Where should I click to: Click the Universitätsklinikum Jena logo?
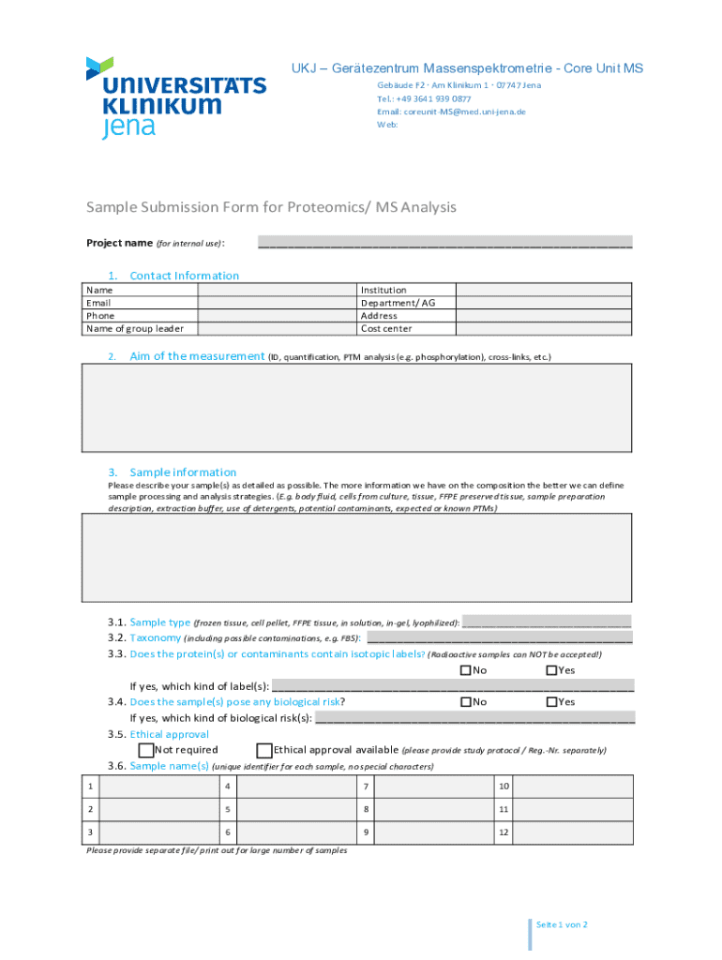point(175,97)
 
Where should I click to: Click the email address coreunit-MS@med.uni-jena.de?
point(451,112)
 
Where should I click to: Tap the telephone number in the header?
point(424,98)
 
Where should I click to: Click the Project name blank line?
point(444,243)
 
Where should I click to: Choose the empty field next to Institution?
point(543,291)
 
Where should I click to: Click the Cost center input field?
point(543,328)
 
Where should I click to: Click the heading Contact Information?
point(184,276)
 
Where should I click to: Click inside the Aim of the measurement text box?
point(356,408)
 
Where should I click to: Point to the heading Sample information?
point(183,472)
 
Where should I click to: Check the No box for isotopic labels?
point(466,670)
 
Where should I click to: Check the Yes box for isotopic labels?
point(551,670)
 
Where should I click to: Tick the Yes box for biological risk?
point(551,702)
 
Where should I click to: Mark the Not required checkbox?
point(146,750)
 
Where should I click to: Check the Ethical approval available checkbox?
point(264,750)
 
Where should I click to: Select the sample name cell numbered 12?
point(573,832)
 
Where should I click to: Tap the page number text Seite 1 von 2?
point(561,924)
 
